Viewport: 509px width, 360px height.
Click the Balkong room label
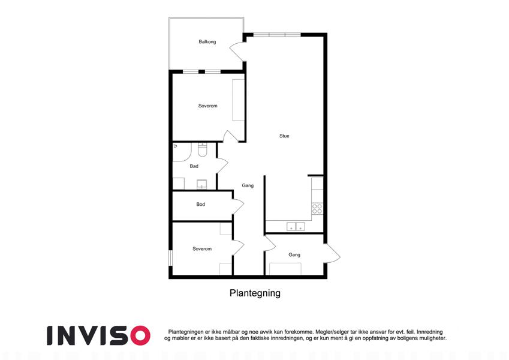click(x=207, y=41)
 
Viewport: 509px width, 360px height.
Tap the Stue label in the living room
click(x=284, y=136)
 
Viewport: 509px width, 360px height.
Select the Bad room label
click(x=194, y=166)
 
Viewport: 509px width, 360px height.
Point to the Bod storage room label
click(x=200, y=204)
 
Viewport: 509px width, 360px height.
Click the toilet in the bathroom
click(x=203, y=150)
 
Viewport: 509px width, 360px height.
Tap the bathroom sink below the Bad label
click(x=201, y=185)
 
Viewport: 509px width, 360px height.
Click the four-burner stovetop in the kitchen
click(x=317, y=209)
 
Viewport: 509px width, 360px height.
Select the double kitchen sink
click(x=296, y=226)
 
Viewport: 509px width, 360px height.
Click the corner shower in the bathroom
click(x=182, y=152)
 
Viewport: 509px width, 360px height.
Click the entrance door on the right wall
click(x=332, y=253)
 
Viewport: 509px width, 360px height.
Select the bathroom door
click(x=222, y=166)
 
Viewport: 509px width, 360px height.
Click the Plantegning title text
click(x=255, y=293)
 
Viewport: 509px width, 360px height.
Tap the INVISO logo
click(x=98, y=335)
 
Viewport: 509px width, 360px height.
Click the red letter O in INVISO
click(x=140, y=335)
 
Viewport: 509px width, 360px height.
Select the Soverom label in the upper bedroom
click(x=208, y=106)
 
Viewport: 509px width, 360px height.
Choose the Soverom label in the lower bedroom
click(x=202, y=249)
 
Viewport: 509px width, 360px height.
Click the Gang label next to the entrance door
click(x=294, y=255)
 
